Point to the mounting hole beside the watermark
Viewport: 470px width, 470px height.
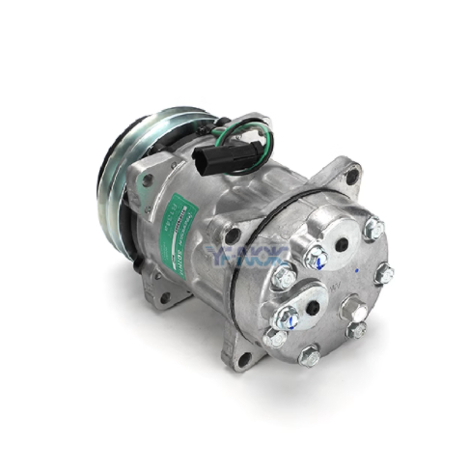tap(232, 234)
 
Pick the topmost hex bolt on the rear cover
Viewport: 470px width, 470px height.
tap(374, 229)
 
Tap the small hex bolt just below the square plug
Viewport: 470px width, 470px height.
tap(357, 331)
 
